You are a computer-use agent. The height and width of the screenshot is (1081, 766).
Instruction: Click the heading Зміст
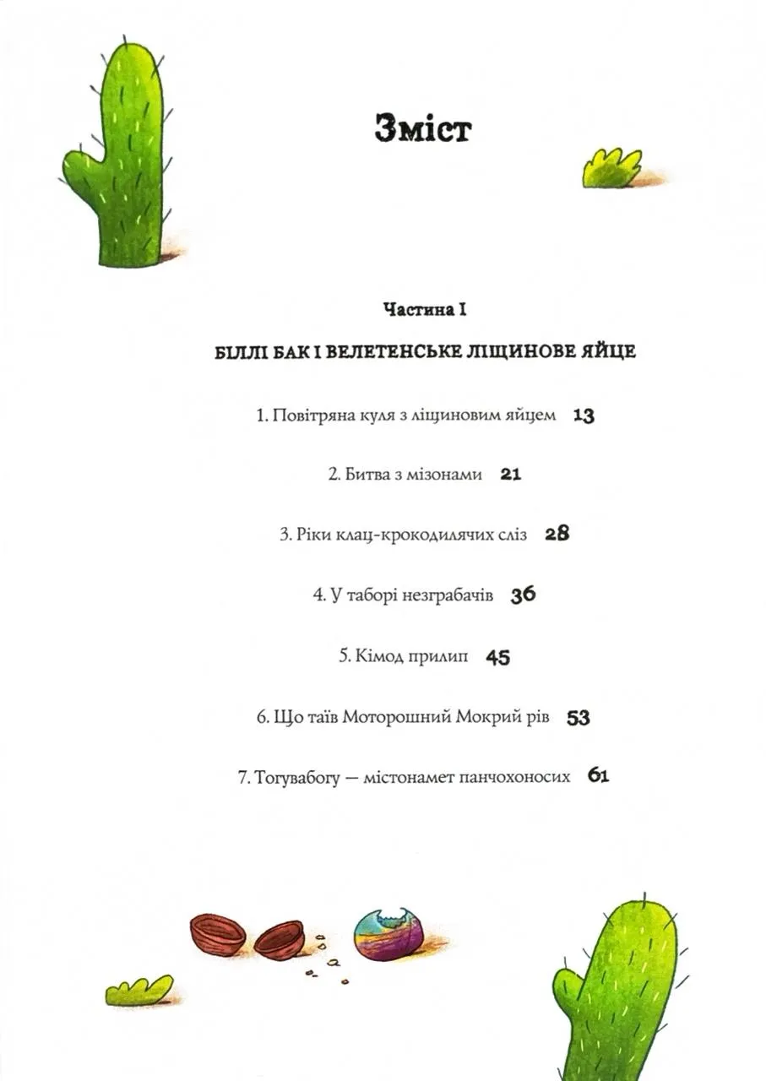tap(422, 131)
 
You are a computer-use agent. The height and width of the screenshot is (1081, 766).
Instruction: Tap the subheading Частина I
tap(425, 311)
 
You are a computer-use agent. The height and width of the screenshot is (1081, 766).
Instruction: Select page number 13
tap(584, 416)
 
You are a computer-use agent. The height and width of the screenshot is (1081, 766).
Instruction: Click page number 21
tap(511, 475)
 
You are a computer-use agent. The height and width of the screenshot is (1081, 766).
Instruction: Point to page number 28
tap(557, 535)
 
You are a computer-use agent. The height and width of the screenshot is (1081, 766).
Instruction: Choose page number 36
tap(524, 595)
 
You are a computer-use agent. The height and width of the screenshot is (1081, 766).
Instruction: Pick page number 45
tap(498, 657)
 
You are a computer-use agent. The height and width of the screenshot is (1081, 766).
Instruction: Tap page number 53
tap(579, 718)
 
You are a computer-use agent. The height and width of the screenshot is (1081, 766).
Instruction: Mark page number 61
tap(598, 776)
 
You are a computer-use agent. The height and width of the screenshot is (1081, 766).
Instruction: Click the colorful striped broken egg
tap(388, 935)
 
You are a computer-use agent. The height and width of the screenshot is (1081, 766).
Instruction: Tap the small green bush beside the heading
tap(611, 168)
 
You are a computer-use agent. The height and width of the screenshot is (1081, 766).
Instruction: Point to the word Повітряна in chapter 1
tap(312, 416)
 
